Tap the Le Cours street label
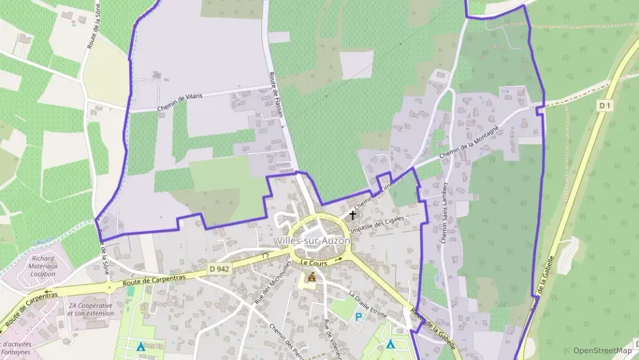(x=314, y=262)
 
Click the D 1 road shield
(x=603, y=105)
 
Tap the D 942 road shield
(x=219, y=270)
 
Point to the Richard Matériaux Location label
(x=43, y=266)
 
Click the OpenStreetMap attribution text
(x=602, y=350)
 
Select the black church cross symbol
(x=352, y=215)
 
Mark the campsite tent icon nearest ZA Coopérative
(x=141, y=346)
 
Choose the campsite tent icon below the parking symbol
(x=390, y=344)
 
